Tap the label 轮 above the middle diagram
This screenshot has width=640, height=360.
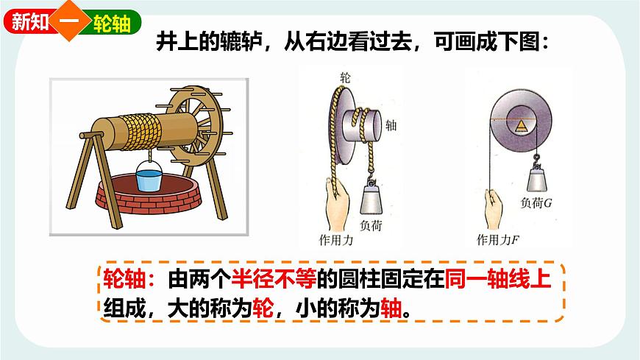point(344,77)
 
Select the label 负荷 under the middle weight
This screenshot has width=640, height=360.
point(372,226)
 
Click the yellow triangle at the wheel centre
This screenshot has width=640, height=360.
point(521,125)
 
